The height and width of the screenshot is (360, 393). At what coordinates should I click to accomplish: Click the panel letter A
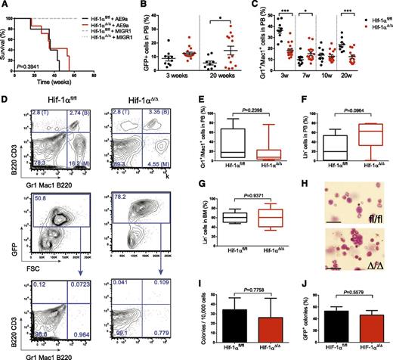[5, 6]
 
